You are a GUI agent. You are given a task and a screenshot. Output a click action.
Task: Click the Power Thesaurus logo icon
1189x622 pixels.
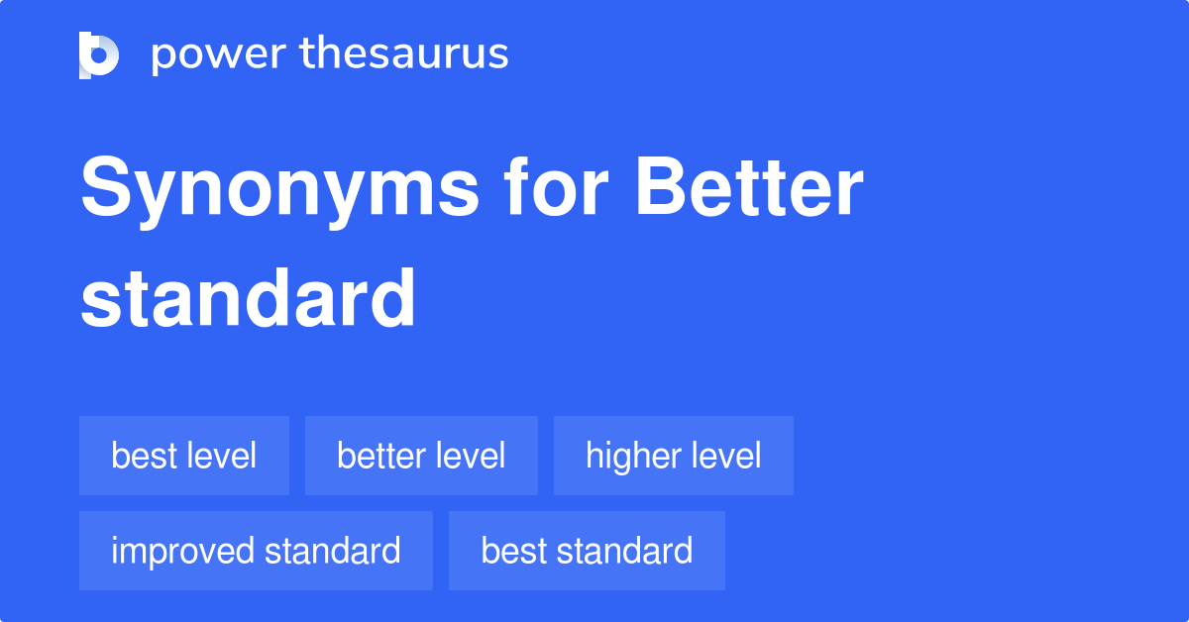[99, 54]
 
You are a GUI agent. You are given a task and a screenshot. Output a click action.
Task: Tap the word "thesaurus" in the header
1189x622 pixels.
[405, 54]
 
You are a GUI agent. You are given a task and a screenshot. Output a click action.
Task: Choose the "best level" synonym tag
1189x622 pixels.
[184, 456]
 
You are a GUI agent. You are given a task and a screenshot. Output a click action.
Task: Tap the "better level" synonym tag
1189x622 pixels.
[421, 456]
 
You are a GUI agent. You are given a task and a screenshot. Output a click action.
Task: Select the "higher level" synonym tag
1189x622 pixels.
[674, 456]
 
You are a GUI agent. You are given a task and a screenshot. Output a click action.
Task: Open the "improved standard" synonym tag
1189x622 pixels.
[256, 551]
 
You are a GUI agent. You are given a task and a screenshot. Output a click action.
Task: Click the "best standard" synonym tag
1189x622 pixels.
[587, 551]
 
